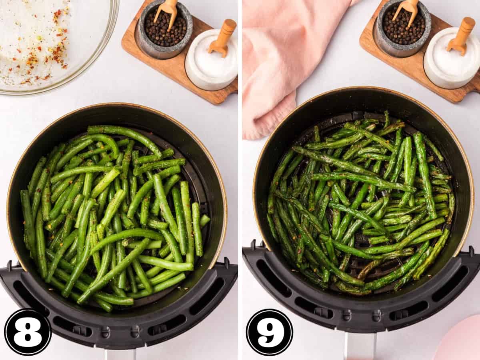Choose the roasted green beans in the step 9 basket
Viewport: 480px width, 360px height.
pyautogui.click(x=359, y=203)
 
